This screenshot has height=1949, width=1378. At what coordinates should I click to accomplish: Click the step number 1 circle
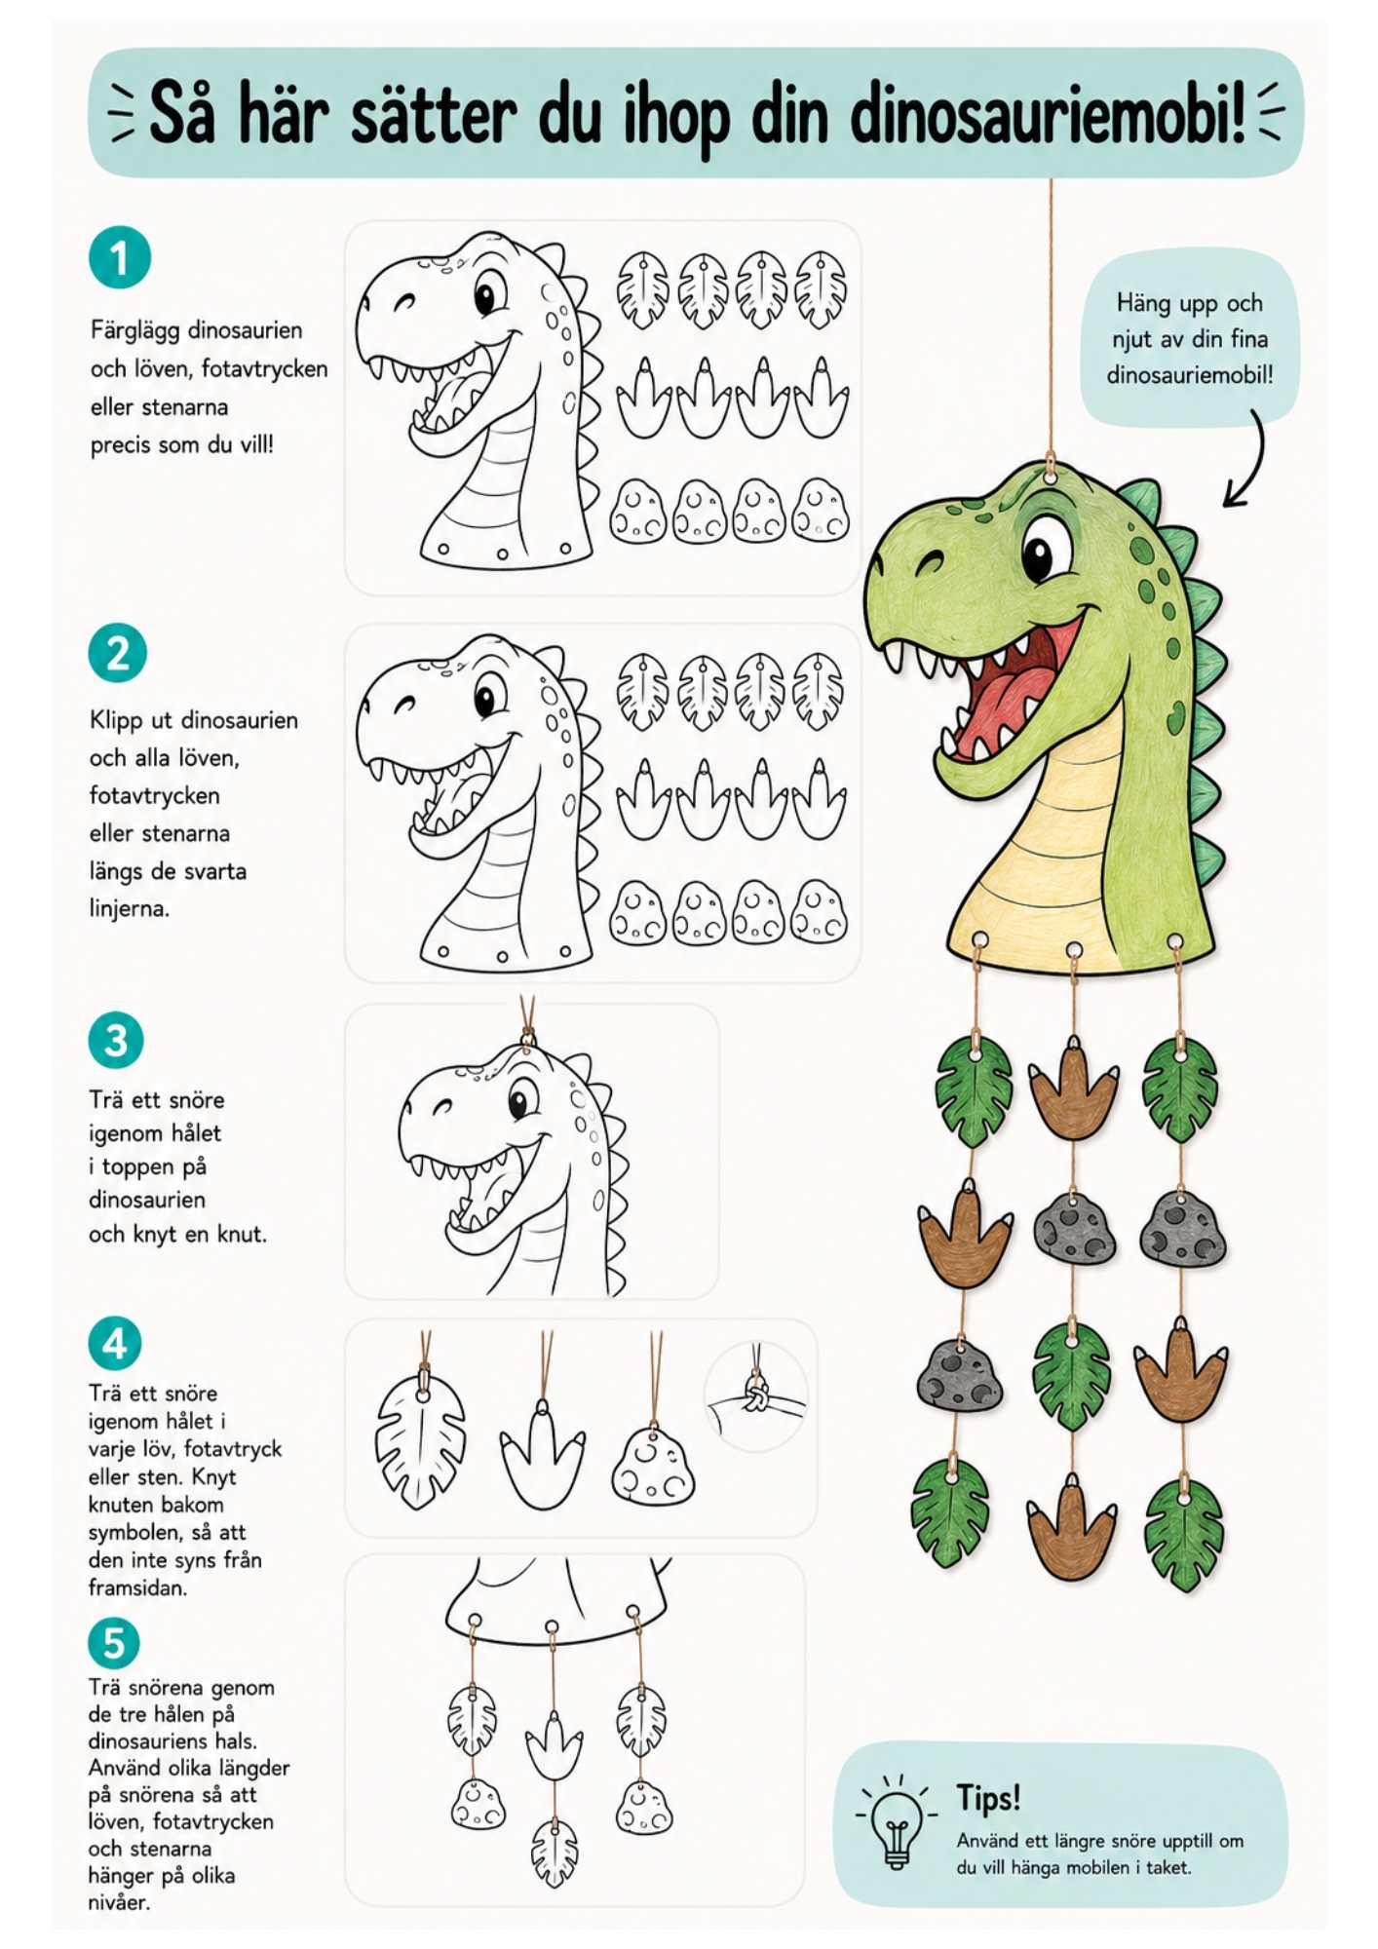pyautogui.click(x=120, y=257)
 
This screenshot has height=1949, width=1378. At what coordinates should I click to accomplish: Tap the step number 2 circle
pyautogui.click(x=118, y=653)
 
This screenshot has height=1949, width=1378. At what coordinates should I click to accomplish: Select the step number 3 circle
pyautogui.click(x=116, y=1040)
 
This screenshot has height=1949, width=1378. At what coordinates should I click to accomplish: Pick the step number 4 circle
pyautogui.click(x=115, y=1344)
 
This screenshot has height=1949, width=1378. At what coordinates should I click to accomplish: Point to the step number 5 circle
pyautogui.click(x=114, y=1643)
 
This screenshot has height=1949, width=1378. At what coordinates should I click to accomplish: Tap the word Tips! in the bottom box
pyautogui.click(x=988, y=1797)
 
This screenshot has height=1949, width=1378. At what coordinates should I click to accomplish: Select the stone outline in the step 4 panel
pyautogui.click(x=653, y=1466)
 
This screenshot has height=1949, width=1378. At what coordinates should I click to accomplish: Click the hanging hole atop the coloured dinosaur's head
pyautogui.click(x=1051, y=475)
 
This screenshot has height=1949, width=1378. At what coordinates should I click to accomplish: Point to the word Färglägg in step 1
pyautogui.click(x=134, y=330)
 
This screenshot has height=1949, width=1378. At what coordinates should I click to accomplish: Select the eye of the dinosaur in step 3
pyautogui.click(x=522, y=1102)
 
